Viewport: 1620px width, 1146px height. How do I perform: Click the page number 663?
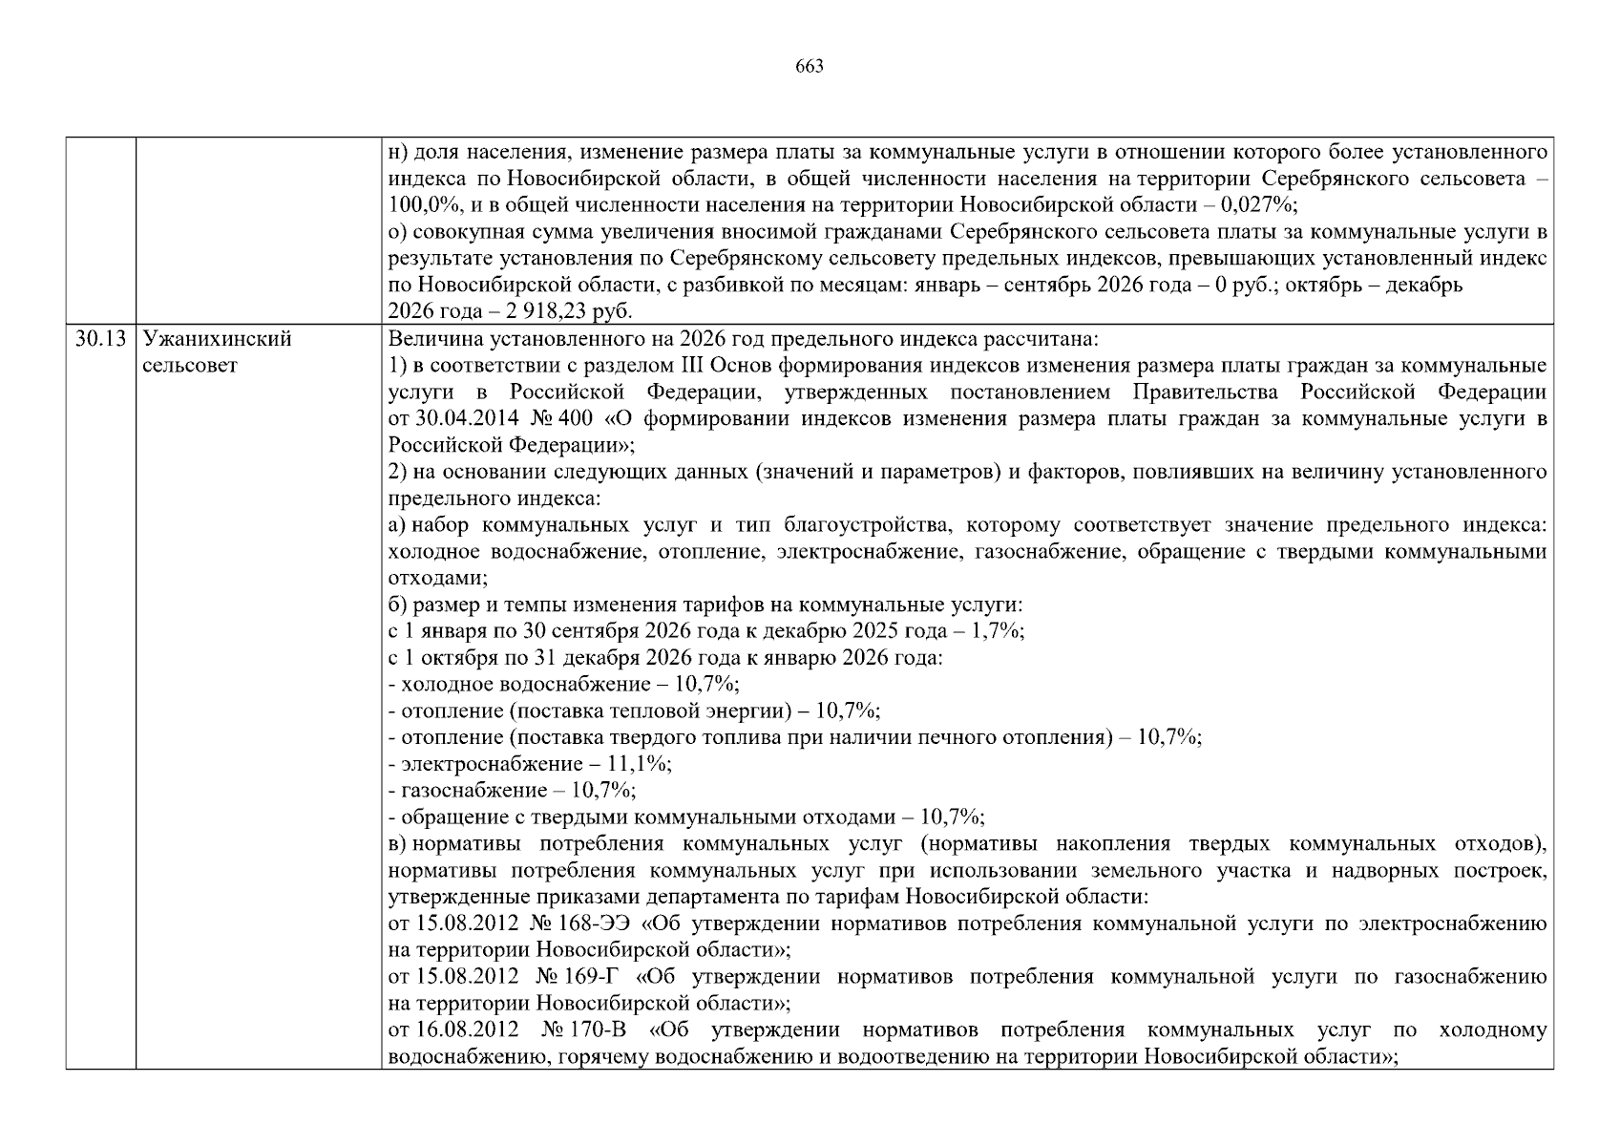pyautogui.click(x=809, y=67)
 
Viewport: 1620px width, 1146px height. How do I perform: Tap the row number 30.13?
pyautogui.click(x=100, y=339)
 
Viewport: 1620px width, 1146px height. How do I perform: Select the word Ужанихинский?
pyautogui.click(x=217, y=339)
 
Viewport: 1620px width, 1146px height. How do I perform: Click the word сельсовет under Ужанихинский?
pyautogui.click(x=189, y=366)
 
